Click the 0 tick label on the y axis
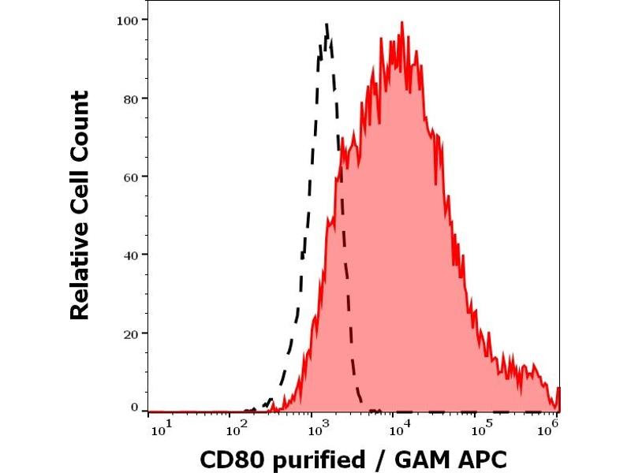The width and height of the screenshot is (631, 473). pyautogui.click(x=135, y=408)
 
